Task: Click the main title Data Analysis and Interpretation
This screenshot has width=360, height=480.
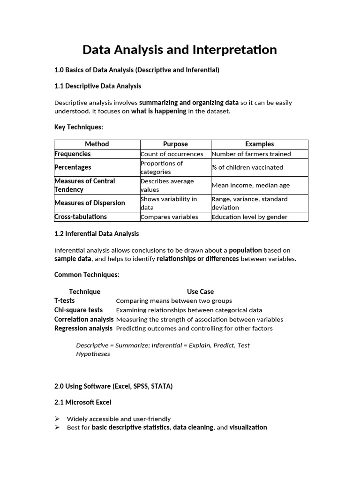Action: tap(180, 50)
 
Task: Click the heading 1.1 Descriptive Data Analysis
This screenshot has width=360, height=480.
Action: tap(97, 86)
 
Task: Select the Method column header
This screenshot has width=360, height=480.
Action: tap(97, 144)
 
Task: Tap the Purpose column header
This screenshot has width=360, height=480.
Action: tap(175, 144)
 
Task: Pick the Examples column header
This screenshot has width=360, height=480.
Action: tap(259, 144)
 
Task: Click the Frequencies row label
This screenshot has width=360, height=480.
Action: tap(73, 154)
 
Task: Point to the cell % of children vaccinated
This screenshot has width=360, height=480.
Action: tap(247, 167)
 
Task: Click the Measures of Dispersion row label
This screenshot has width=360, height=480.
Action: tap(90, 203)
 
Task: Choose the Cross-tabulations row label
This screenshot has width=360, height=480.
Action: tap(81, 217)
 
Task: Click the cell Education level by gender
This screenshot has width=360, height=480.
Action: tap(249, 217)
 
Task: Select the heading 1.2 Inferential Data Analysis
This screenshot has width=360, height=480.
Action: tap(97, 233)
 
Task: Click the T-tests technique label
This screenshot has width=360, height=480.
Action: tap(64, 300)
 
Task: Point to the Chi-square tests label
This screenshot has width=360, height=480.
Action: tap(78, 310)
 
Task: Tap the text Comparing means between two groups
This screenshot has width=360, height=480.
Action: tap(174, 300)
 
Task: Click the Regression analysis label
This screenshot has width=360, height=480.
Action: tap(83, 328)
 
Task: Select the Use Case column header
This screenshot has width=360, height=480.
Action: tap(200, 292)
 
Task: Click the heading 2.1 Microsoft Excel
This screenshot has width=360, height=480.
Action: tap(83, 402)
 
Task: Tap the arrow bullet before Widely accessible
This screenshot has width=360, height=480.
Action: tap(57, 419)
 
